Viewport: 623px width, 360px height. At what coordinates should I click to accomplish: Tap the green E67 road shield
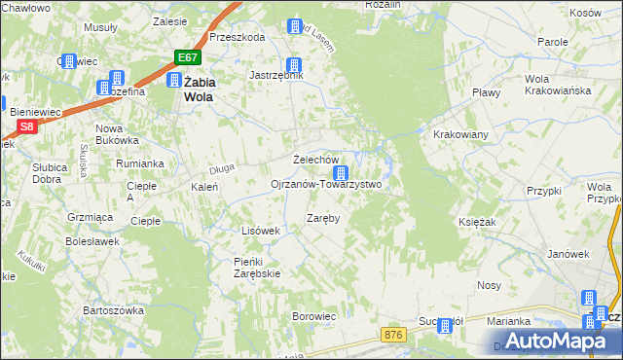coord(189,57)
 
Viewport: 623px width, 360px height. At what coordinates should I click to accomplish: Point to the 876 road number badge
coord(392,335)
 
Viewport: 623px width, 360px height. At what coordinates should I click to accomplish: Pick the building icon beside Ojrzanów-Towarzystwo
coord(340,173)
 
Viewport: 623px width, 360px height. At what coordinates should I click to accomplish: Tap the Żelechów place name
coord(315,160)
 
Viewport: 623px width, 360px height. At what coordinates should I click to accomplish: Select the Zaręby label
coord(323,218)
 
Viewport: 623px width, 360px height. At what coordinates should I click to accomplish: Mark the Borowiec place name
coord(314,316)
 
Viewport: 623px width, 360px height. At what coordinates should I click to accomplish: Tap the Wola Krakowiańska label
coord(551,85)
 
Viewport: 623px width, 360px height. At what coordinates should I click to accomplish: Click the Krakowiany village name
coord(460,134)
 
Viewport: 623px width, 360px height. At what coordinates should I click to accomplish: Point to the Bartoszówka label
coord(113,310)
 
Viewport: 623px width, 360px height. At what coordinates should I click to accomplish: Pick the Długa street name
coord(223,169)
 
